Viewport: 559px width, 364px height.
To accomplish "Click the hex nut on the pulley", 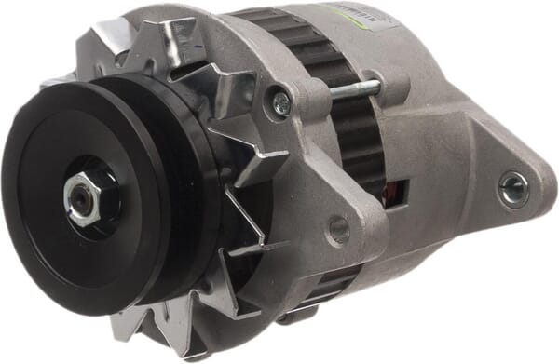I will [82, 198].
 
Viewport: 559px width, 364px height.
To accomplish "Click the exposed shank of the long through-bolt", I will [354, 90].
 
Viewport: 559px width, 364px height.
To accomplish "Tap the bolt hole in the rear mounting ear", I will [511, 189].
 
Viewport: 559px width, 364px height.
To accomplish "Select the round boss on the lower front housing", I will [339, 228].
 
